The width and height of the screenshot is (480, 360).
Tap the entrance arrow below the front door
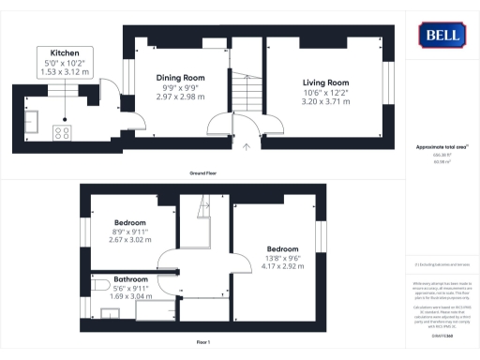tap(246, 146)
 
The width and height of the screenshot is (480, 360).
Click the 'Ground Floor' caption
tap(203, 173)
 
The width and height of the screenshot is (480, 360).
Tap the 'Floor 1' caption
tap(203, 341)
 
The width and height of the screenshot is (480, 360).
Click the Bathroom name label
tap(131, 280)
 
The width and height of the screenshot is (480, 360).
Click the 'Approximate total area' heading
tap(440, 148)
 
